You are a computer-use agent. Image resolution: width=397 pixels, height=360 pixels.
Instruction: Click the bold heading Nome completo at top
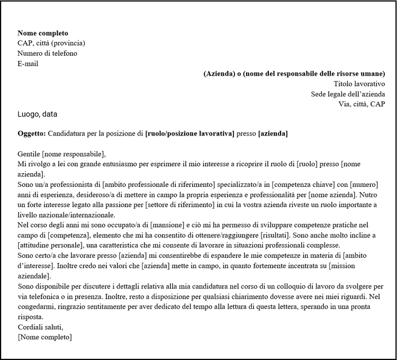pos(43,33)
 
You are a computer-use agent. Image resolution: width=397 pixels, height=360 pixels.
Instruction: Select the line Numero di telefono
pos(47,53)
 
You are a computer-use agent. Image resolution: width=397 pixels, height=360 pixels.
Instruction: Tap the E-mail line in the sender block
pos(28,64)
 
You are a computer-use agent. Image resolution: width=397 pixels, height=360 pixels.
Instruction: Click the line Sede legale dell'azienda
pos(348,94)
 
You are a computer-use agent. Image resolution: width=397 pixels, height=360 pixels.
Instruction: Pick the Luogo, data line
pos(38,114)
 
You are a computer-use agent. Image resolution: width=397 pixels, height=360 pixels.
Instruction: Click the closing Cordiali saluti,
pos(40,327)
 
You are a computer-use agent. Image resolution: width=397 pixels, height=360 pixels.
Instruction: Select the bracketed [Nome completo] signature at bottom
pos(44,337)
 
